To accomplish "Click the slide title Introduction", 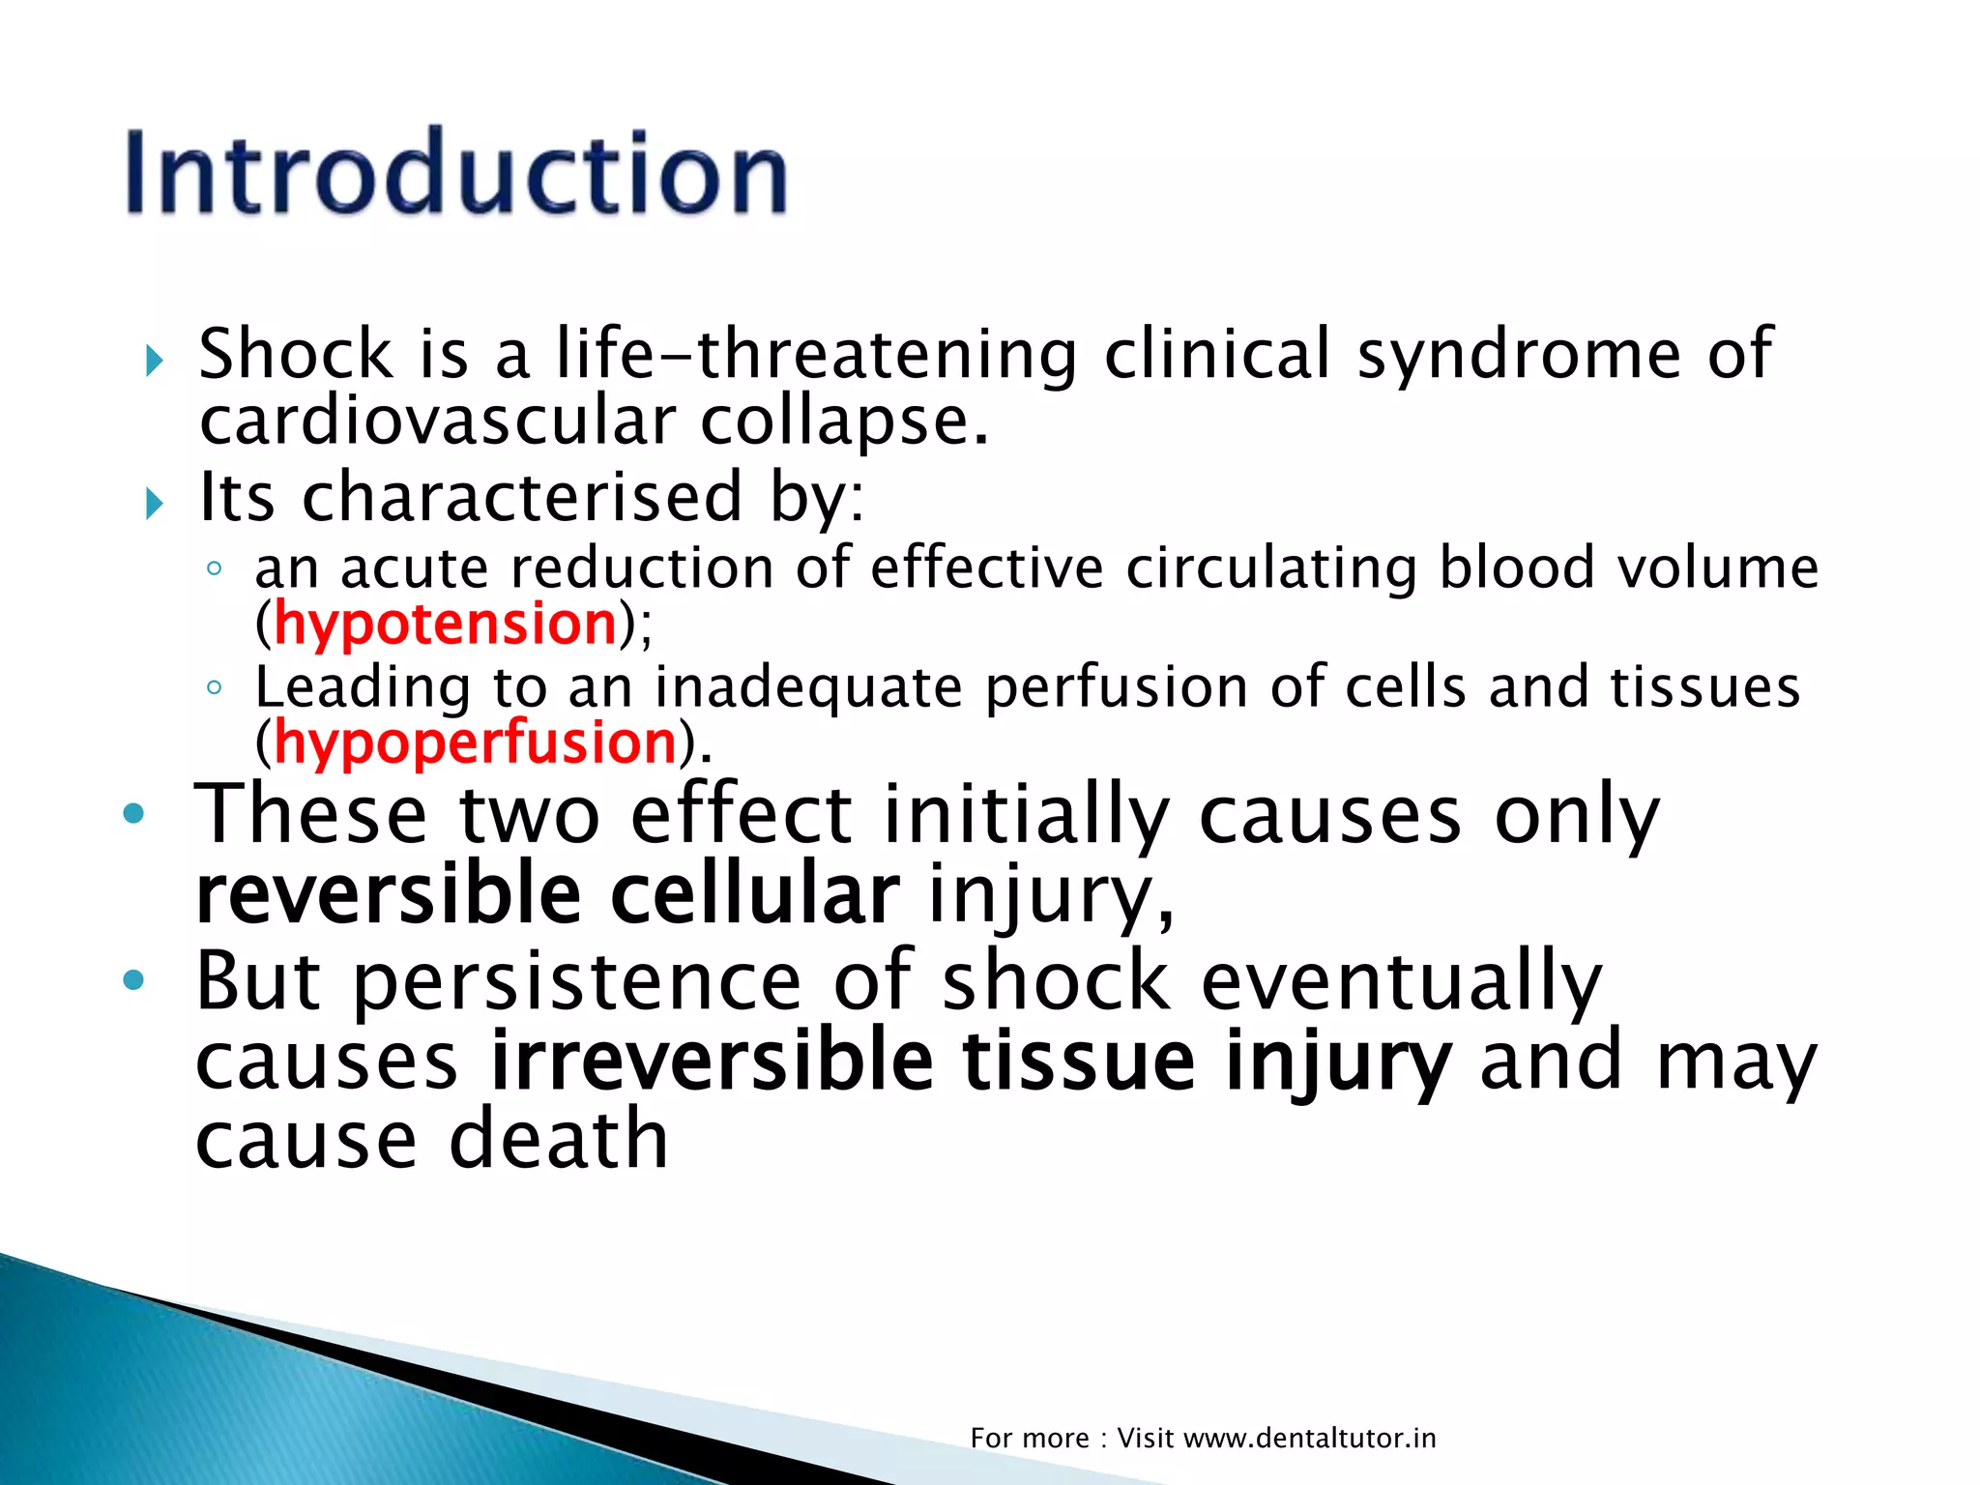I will pos(456,174).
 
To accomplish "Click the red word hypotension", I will pos(446,624).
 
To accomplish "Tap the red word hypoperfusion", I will pos(475,743).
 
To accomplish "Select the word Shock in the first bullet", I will pos(295,354).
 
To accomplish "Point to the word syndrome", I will pos(1519,354).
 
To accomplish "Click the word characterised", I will pos(522,497).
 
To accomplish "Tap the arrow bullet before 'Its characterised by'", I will pos(155,503).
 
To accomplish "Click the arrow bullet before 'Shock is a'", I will pos(155,362).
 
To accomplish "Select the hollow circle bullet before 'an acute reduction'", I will pos(215,568).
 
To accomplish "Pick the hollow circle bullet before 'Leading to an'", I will pos(215,687).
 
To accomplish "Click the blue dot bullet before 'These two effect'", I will pos(133,814).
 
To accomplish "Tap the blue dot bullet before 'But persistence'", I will pos(133,981).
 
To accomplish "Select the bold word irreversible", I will pos(713,1062).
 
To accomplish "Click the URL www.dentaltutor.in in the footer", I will pos(1309,1439).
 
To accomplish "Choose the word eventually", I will pos(1401,981).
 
